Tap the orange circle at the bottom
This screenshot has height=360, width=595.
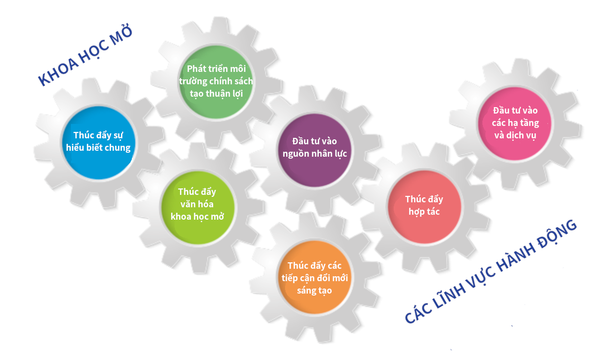pos(314,278)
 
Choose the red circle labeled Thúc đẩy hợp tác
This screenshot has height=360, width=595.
pos(424,206)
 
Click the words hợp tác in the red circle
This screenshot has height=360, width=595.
pos(424,212)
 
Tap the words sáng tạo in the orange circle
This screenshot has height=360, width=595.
pos(314,291)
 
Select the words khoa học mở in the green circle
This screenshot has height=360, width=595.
pos(197,216)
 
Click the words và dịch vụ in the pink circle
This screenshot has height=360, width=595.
pos(515,135)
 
